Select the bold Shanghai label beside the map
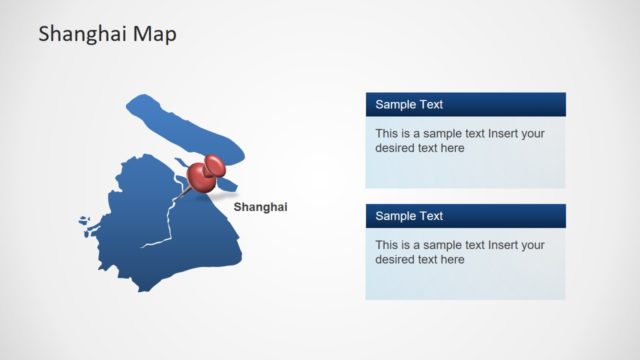pos(260,207)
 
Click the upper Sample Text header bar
pos(465,104)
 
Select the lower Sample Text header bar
pos(465,216)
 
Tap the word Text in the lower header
pos(431,216)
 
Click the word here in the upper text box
pos(452,148)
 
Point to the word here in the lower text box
pos(452,260)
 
